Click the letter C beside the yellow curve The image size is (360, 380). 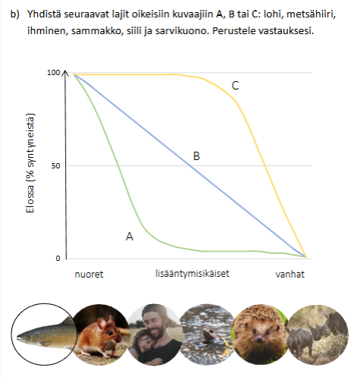tap(235, 86)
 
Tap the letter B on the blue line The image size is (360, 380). tap(196, 156)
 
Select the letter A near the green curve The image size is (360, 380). tap(130, 237)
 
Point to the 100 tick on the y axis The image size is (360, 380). tap(54, 73)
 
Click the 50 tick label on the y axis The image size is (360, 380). tap(56, 166)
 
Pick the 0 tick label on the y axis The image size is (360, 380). tap(58, 259)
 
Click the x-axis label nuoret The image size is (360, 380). tap(89, 275)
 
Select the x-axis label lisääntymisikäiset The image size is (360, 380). tap(193, 274)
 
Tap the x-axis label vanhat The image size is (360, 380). tap(290, 275)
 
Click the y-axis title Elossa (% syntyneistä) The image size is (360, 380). tap(30, 163)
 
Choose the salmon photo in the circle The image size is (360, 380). tap(44, 334)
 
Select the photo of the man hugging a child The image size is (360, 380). tap(155, 334)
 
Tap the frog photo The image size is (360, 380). tap(208, 334)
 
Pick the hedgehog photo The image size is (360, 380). tap(260, 334)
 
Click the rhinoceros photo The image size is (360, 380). tap(318, 334)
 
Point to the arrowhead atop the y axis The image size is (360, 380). tap(65, 72)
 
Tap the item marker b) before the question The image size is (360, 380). tap(15, 14)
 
